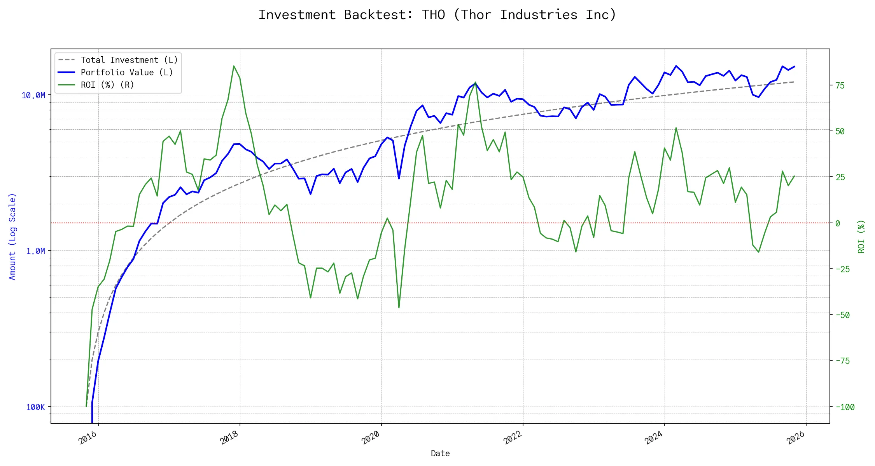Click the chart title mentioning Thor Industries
(437, 15)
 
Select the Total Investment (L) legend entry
(129, 60)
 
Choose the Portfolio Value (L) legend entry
(126, 72)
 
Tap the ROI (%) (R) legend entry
(107, 85)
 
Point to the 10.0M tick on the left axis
(33, 96)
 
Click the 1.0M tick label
(35, 251)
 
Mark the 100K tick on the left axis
(35, 407)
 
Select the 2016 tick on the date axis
(88, 438)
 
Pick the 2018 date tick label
(229, 438)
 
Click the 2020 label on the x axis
(371, 438)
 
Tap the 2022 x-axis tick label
(513, 438)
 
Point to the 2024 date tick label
(654, 438)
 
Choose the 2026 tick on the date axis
(796, 438)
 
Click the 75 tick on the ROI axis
(840, 86)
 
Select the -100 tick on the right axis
(845, 407)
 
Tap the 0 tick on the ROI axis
(838, 223)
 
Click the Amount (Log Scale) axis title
(12, 236)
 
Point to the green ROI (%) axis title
(861, 236)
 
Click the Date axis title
(440, 454)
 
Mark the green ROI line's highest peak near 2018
(234, 66)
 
